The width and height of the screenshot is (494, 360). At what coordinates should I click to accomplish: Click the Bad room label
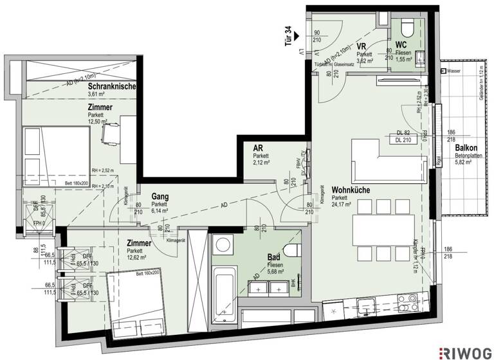pyautogui.click(x=273, y=256)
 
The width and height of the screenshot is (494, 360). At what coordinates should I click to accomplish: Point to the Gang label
pyautogui.click(x=160, y=196)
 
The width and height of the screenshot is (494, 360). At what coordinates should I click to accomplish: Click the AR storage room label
pyautogui.click(x=258, y=148)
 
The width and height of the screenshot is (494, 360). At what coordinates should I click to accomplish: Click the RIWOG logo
pyautogui.click(x=465, y=350)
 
